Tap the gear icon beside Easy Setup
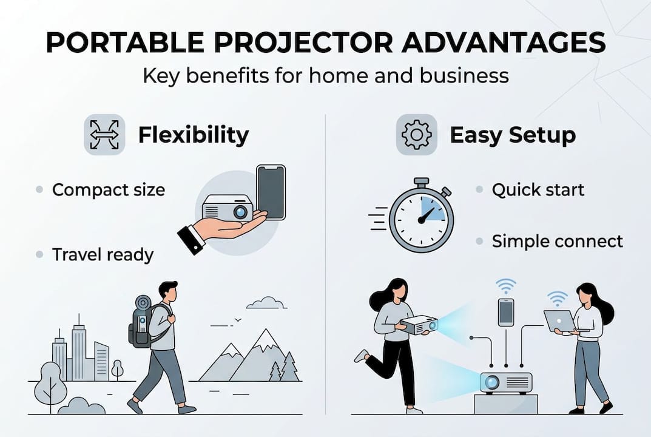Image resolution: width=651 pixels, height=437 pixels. point(416,135)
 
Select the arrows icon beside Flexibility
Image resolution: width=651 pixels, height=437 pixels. point(104,135)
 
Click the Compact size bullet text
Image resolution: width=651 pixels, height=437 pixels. point(108,190)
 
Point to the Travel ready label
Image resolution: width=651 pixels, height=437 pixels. point(103,254)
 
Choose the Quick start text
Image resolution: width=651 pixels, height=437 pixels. point(538,190)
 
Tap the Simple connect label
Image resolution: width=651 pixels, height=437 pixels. point(557,242)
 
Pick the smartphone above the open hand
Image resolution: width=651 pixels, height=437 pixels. point(270,191)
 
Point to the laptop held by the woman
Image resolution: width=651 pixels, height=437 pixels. point(559,320)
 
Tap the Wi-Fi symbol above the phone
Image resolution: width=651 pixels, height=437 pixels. point(505,285)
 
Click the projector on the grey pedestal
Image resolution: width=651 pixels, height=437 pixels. point(505,382)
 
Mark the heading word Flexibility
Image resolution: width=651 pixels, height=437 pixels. point(193,135)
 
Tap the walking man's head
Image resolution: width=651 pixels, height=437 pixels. point(168,293)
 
